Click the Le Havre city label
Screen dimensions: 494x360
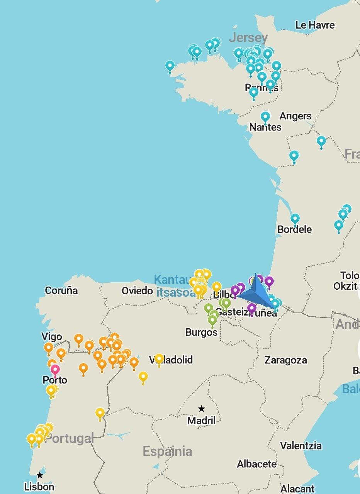coord(315,25)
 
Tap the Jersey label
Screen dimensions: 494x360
coord(248,37)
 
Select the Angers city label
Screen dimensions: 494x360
coord(295,116)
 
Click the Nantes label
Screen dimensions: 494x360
coord(265,127)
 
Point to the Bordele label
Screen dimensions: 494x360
coord(294,229)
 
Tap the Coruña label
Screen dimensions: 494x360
coord(61,290)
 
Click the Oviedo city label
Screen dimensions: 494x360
coord(137,290)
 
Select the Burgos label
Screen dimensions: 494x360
coord(201,332)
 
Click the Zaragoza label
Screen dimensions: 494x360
coord(285,360)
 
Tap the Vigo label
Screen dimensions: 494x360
coord(52,336)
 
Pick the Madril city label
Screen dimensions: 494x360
coord(201,420)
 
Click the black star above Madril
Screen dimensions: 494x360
coord(202,409)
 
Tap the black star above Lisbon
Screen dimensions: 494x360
coord(40,475)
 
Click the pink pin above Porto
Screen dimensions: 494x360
coord(55,370)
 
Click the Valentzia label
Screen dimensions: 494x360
coord(301,446)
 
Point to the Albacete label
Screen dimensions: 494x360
coord(257,464)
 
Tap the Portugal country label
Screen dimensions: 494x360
coord(70,438)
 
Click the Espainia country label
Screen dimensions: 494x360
coord(167,451)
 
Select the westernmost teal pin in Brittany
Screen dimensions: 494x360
coord(170,66)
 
